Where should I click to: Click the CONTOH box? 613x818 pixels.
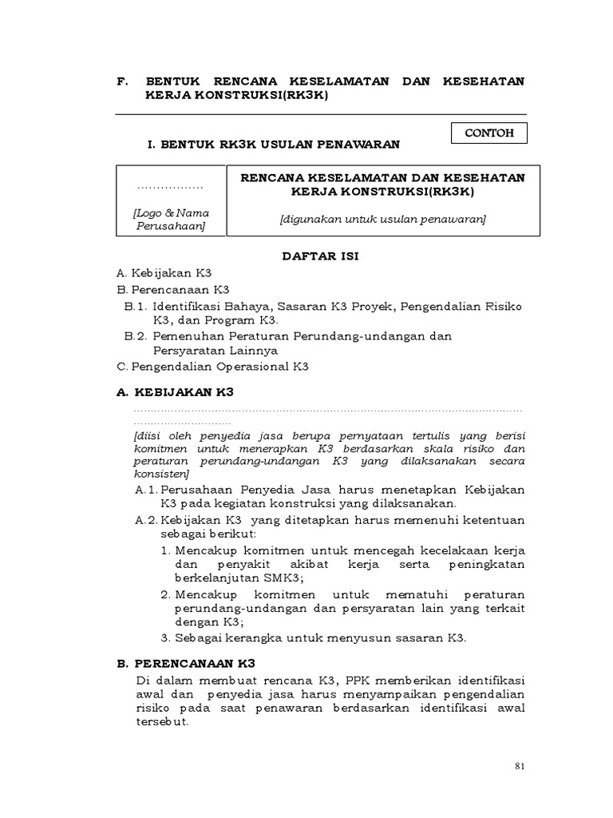[x=489, y=133]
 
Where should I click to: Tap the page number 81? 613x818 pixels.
[x=519, y=767]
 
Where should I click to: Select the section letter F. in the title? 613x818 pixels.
[x=122, y=81]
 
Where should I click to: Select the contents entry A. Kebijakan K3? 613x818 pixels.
[x=164, y=273]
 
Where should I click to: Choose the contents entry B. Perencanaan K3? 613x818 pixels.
[x=172, y=289]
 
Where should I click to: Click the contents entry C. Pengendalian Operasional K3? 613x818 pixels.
[x=212, y=367]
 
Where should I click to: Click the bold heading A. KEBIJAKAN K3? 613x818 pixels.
[x=175, y=393]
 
